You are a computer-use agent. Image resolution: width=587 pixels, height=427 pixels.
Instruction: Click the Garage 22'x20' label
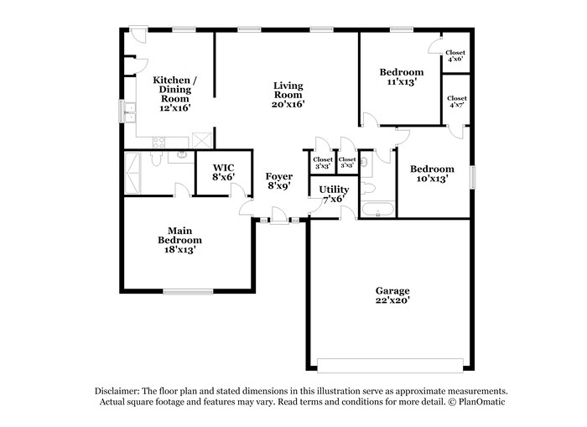[x=392, y=294]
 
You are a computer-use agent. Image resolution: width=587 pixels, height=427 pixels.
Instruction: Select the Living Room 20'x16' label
[x=288, y=95]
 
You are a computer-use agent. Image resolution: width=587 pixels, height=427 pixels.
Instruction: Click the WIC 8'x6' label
[x=223, y=172]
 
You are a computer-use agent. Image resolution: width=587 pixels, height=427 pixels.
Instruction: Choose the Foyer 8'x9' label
[x=279, y=181]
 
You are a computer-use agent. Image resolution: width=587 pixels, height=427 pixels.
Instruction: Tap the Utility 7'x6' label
[x=333, y=194]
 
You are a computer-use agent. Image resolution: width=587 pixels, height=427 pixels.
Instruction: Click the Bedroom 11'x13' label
[x=401, y=77]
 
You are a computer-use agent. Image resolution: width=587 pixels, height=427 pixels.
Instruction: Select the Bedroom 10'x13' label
[x=432, y=174]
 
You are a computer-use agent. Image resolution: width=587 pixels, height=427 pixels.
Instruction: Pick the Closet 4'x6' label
[x=456, y=56]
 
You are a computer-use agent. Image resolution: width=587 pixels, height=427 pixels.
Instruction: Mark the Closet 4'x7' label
[x=456, y=102]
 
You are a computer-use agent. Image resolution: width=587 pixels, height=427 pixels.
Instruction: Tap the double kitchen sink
[x=130, y=112]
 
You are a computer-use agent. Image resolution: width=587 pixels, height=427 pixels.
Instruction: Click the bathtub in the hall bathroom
[x=377, y=210]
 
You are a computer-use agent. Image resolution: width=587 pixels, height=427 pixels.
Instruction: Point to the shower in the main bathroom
[x=134, y=173]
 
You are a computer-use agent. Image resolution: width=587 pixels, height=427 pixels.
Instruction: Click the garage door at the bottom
[x=390, y=365]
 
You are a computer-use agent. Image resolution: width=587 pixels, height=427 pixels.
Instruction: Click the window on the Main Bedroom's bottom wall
[x=188, y=291]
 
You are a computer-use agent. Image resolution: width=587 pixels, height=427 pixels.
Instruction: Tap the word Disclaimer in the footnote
[x=117, y=391]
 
